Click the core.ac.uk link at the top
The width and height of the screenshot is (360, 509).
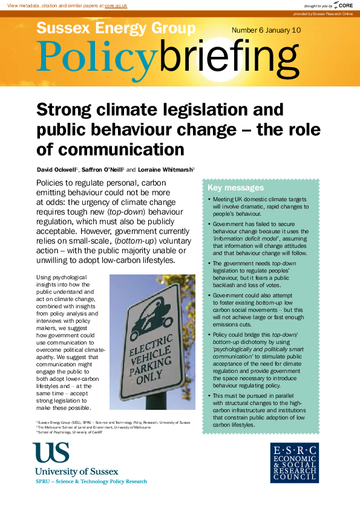(x=116, y=5)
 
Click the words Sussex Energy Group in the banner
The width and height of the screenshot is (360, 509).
(x=116, y=28)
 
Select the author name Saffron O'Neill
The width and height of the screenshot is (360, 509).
(x=99, y=168)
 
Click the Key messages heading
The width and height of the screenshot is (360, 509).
(x=235, y=188)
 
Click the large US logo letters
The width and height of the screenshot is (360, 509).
(x=51, y=453)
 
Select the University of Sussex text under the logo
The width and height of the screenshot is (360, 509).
(x=77, y=471)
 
